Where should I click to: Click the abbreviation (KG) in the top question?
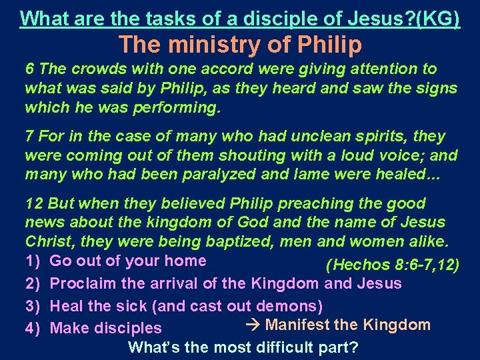[437, 18]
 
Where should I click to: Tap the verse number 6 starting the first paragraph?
[29, 69]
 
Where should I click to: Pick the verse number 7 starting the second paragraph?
[29, 137]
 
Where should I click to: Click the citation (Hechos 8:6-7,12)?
[393, 265]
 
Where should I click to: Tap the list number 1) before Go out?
[33, 261]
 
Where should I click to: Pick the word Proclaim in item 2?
[79, 283]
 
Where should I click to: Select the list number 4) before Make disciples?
[33, 328]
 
